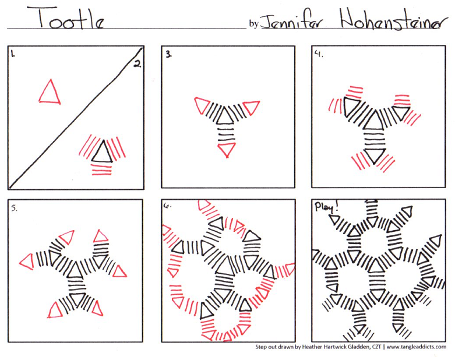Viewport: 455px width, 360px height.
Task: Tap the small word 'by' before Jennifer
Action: (x=253, y=24)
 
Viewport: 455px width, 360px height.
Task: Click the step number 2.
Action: (x=137, y=64)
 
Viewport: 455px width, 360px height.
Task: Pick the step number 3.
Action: (x=168, y=55)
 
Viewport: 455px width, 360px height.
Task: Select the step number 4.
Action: (x=319, y=54)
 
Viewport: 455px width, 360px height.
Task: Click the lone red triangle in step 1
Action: (x=50, y=93)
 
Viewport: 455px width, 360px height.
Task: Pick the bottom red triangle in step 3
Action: (x=226, y=150)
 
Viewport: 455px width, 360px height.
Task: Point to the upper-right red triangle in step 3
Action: (x=251, y=107)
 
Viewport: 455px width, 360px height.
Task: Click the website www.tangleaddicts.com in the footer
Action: (x=411, y=347)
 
